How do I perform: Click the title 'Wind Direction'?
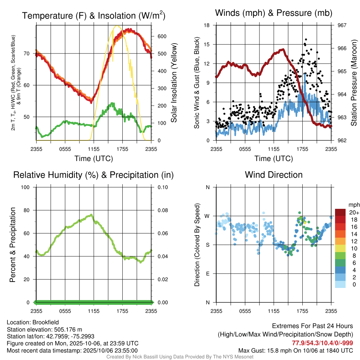coord(274,175)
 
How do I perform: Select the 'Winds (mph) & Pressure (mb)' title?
coord(274,13)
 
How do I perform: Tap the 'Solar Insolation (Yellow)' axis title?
coord(174,83)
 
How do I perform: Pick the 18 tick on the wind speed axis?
coord(207,25)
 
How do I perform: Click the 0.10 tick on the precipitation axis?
coord(162,187)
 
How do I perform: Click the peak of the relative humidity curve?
coord(91,214)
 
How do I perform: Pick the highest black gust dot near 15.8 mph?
coord(306,40)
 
